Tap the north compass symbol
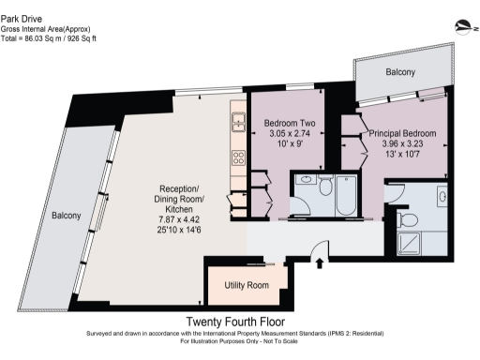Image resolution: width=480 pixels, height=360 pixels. (x=460, y=27)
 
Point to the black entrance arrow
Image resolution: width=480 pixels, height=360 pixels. (x=321, y=263)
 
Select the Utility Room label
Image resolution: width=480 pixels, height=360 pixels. (x=246, y=285)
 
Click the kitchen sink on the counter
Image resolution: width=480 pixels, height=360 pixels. (x=238, y=123)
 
